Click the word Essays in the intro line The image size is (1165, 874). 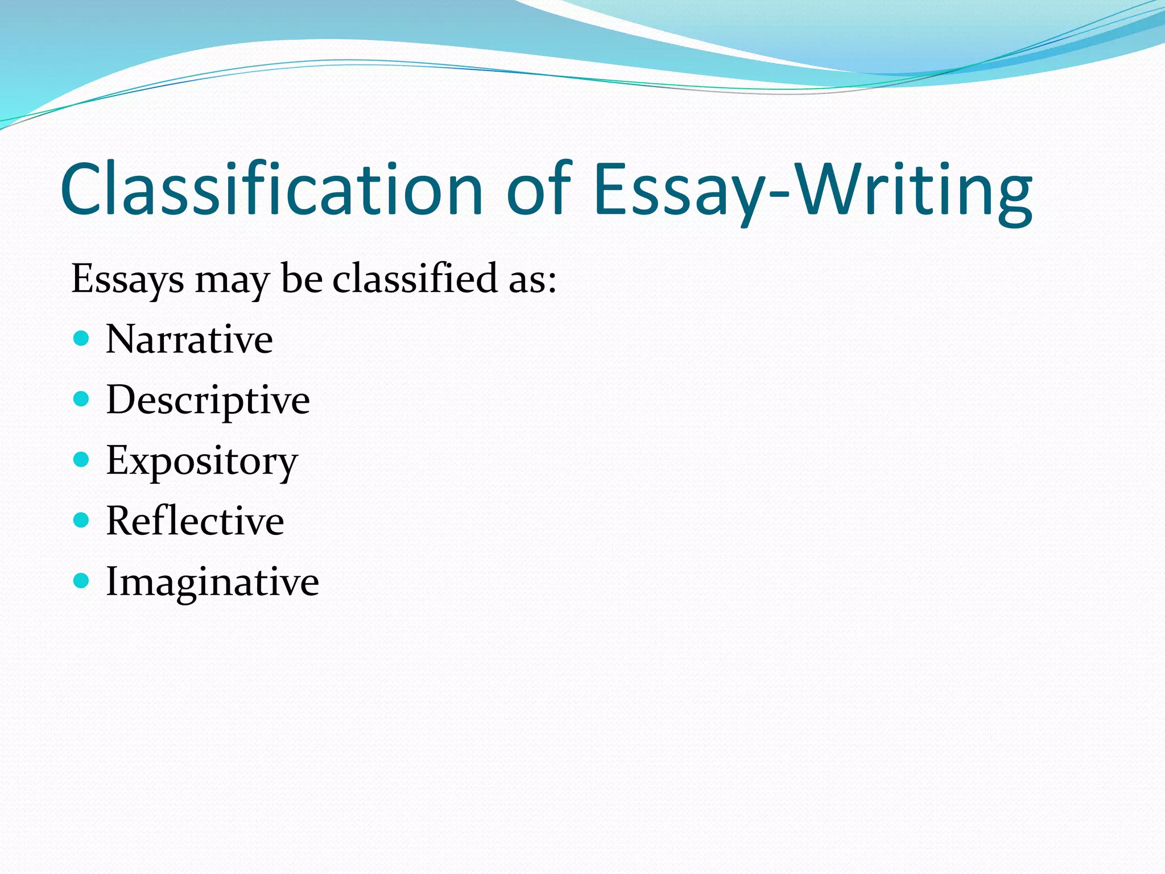tap(127, 279)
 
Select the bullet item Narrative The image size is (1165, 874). tap(189, 340)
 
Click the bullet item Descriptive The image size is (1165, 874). tap(208, 401)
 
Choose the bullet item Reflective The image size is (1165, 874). tap(195, 521)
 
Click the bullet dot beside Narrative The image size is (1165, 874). tap(82, 339)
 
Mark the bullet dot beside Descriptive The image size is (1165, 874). tap(82, 399)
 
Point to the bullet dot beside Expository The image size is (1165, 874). tap(82, 459)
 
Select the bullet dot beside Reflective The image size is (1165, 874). tap(82, 520)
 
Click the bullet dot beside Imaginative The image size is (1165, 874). tap(82, 580)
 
